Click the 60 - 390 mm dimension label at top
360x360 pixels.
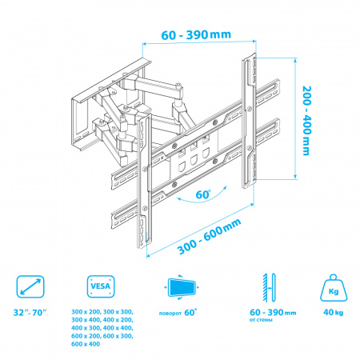coord(196,34)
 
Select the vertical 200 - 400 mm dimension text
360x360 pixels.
coord(306,121)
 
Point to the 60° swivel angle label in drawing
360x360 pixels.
coord(203,194)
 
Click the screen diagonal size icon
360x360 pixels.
coord(30,286)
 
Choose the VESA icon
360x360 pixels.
coord(101,286)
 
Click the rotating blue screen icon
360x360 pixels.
coord(182,287)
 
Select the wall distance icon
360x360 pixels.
coord(269,287)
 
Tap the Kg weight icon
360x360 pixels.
coord(334,288)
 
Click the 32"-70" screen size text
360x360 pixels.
coord(30,312)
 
